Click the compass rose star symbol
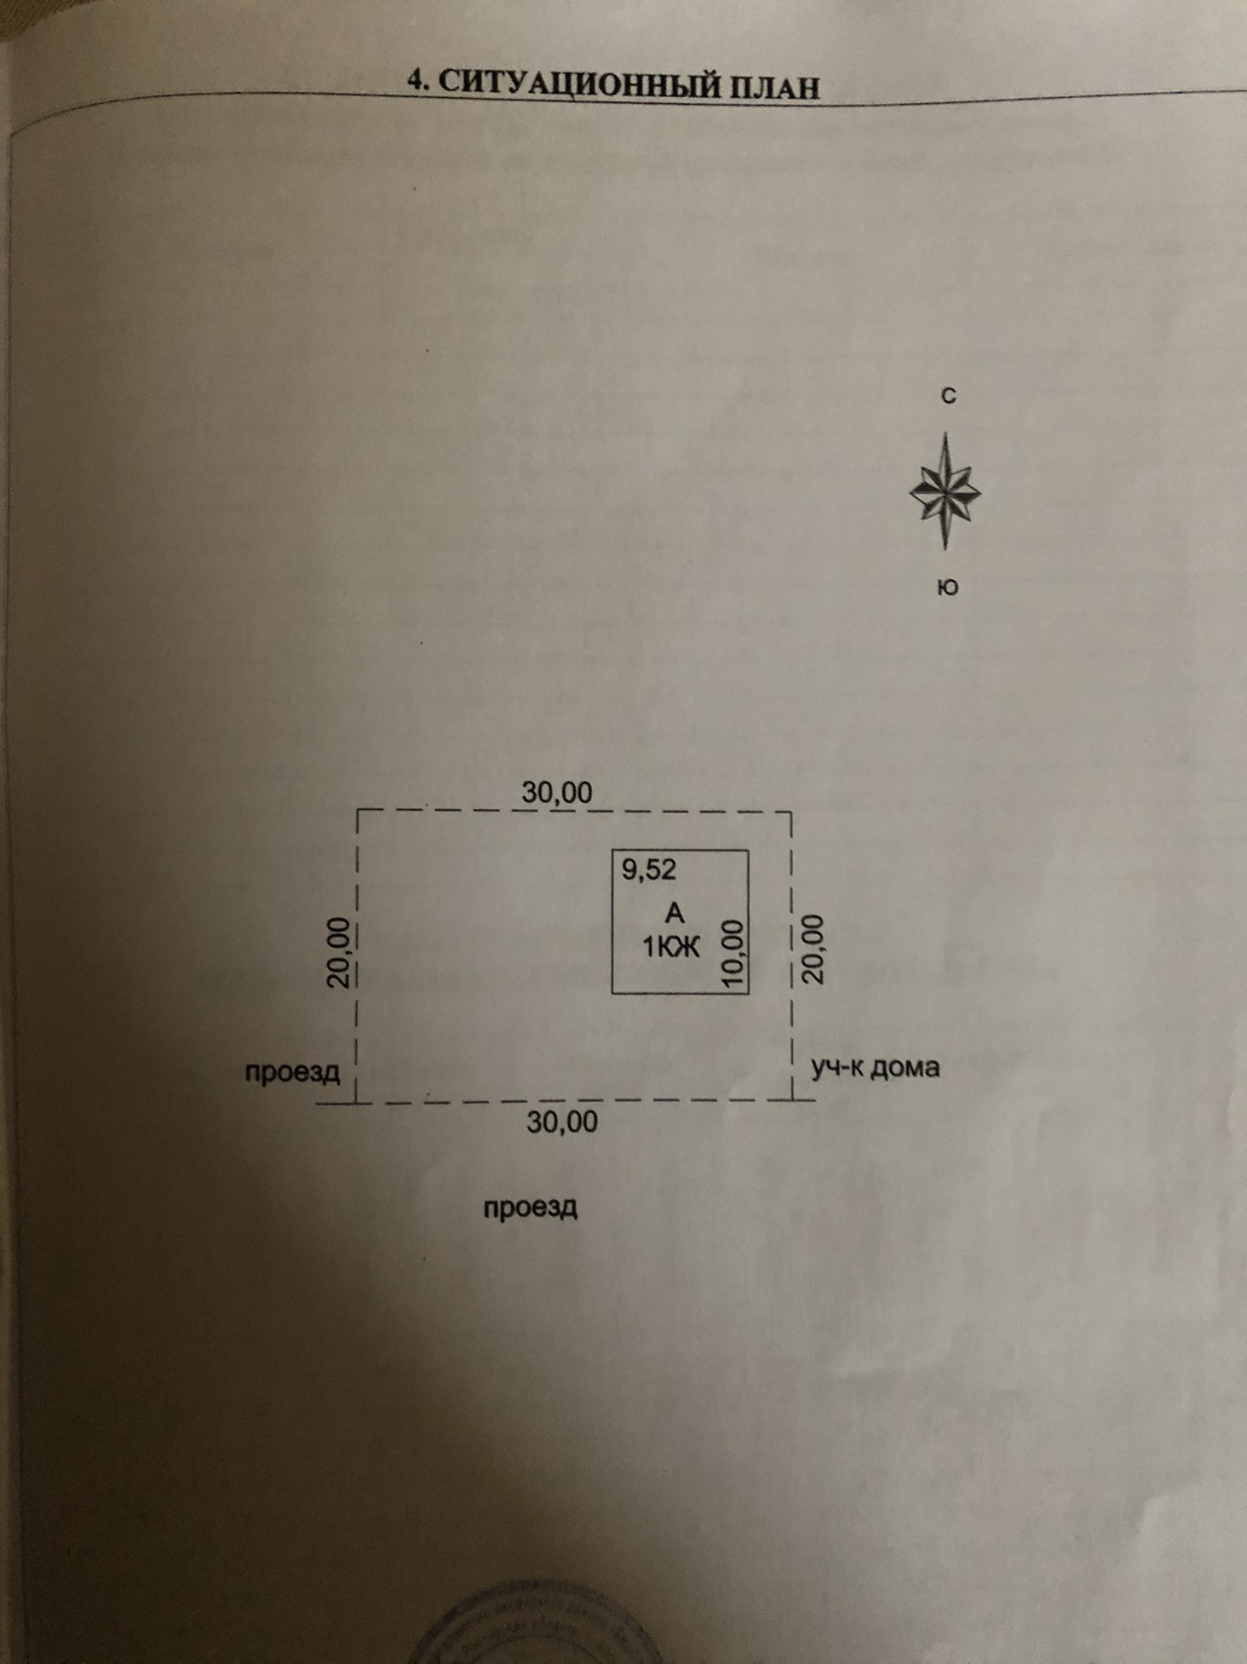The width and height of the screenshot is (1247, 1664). [945, 491]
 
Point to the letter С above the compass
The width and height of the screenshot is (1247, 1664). [948, 396]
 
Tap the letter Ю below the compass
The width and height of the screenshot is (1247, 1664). [947, 588]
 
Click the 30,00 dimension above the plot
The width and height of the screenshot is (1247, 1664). [557, 793]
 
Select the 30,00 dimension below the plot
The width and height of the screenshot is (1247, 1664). [562, 1122]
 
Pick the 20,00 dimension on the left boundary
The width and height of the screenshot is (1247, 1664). [339, 951]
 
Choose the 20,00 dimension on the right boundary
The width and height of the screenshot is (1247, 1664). [813, 950]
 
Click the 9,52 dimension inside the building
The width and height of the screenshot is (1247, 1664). [648, 869]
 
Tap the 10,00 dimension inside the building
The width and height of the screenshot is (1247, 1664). [733, 954]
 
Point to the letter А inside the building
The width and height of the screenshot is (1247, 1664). [674, 914]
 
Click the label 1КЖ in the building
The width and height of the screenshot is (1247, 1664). [671, 946]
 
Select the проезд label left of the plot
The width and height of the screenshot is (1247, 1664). [293, 1071]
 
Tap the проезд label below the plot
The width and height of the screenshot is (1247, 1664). [531, 1208]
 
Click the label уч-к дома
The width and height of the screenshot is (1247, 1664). [875, 1067]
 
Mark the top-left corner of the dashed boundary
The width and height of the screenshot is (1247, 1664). [357, 810]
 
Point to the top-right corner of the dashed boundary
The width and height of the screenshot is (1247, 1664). [792, 813]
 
